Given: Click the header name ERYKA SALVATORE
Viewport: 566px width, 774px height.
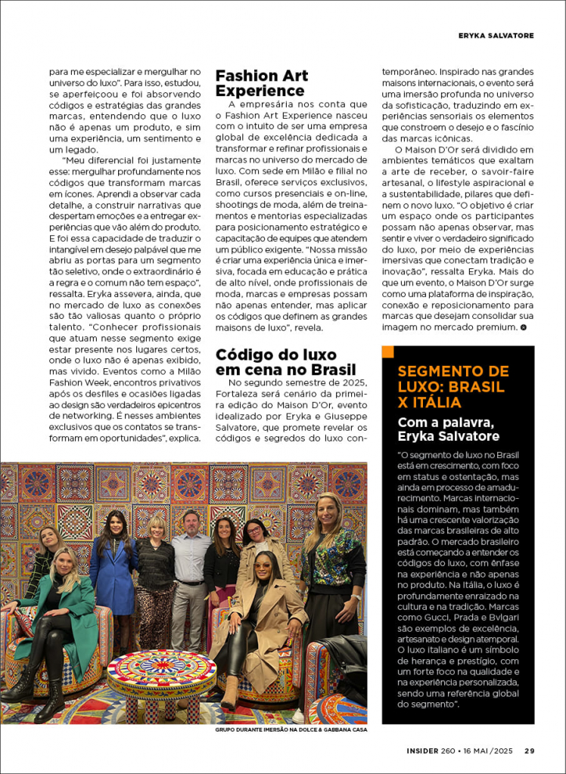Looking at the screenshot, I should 496,36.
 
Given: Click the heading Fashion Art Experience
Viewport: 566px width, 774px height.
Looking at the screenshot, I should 262,83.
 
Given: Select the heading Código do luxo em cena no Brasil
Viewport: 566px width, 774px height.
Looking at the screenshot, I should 285,362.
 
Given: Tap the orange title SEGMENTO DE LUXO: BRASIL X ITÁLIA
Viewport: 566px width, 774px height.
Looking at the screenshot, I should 453,387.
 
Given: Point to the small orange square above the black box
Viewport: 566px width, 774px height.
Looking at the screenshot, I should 388,351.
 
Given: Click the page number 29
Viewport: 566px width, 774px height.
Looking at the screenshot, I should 530,751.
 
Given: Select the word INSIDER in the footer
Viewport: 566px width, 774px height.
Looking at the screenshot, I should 421,751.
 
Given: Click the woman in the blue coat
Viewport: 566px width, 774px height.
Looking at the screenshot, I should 114,567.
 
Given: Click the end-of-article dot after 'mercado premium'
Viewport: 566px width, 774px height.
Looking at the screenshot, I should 524,327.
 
